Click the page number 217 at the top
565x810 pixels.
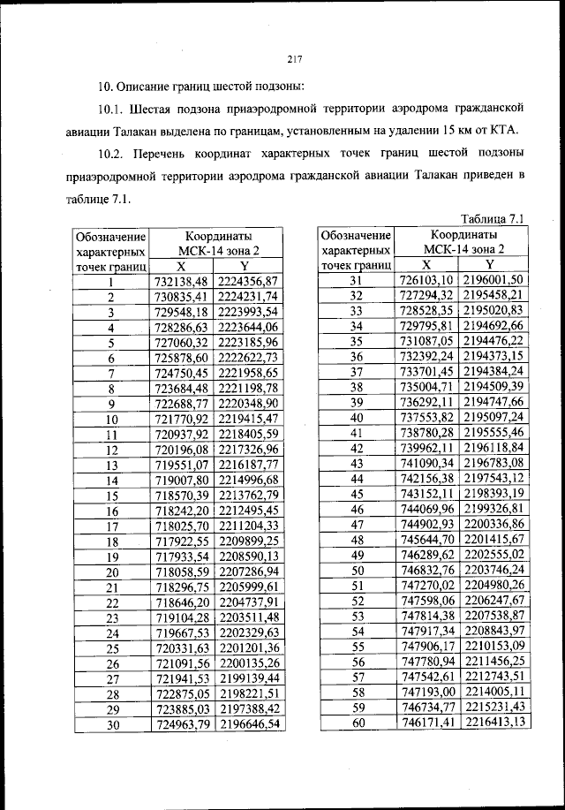pos(295,60)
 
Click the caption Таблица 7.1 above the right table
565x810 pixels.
pos(493,218)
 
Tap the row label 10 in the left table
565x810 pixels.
pos(111,420)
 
